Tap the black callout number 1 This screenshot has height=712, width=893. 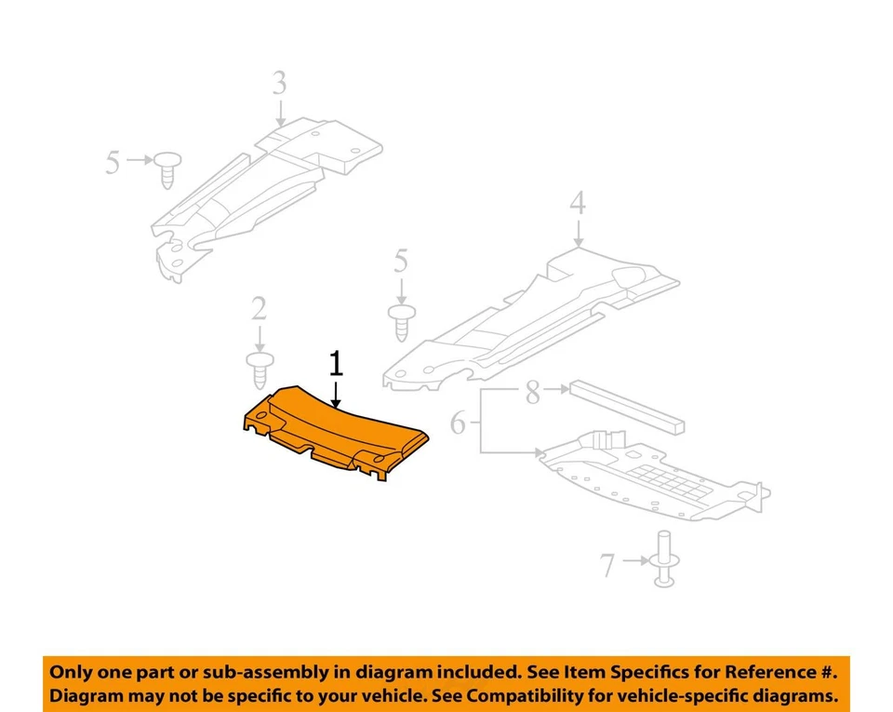335,364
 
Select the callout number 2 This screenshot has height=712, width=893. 258,310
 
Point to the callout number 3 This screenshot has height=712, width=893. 280,84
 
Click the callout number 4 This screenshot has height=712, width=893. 578,202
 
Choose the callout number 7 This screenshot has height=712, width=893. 607,564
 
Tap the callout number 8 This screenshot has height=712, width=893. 532,393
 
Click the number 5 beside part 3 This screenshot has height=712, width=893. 113,164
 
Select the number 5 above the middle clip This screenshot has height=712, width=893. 401,262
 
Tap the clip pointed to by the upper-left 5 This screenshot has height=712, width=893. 167,168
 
